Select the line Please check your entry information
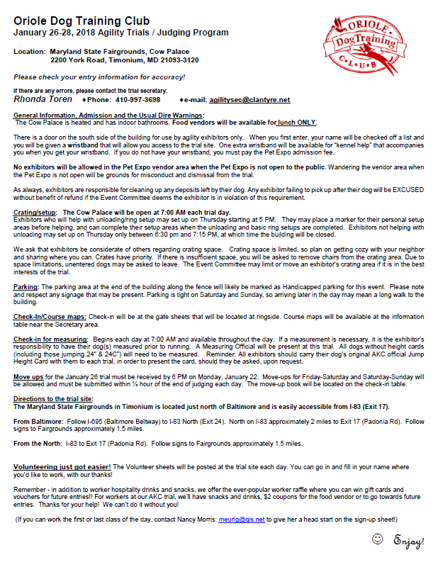click(x=99, y=76)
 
